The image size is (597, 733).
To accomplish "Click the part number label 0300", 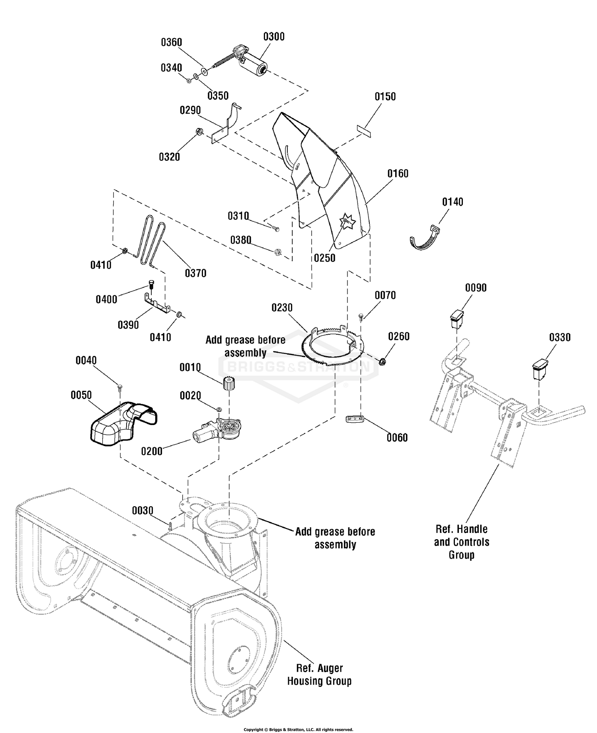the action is [x=274, y=37].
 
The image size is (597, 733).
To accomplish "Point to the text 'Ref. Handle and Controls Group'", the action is [x=462, y=542].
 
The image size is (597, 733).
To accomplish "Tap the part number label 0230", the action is [x=282, y=308].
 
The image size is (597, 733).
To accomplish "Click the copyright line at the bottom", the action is [x=298, y=729].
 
